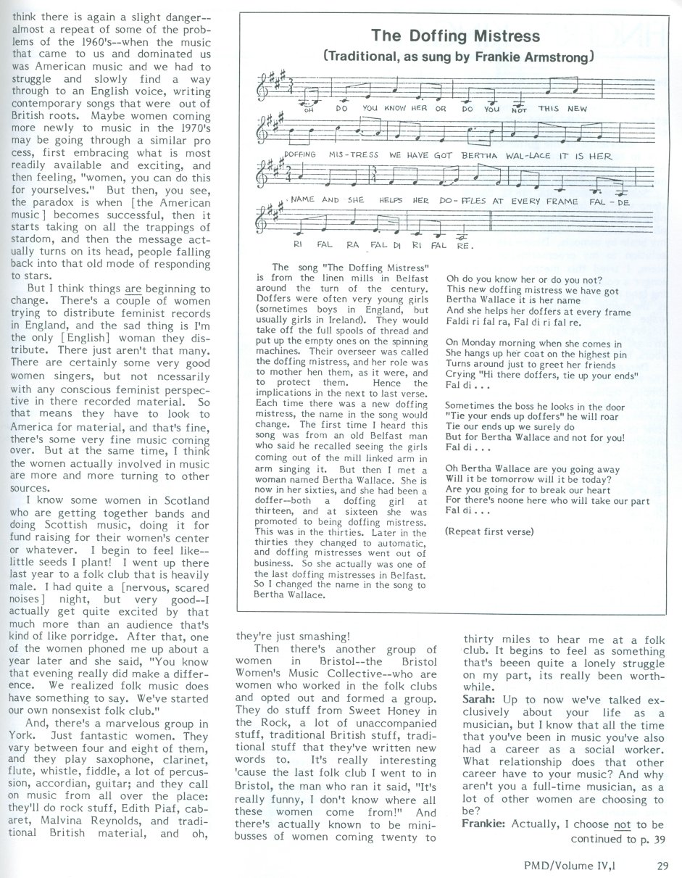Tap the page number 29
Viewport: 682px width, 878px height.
pos(662,864)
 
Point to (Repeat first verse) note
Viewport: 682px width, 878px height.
pos(490,531)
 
